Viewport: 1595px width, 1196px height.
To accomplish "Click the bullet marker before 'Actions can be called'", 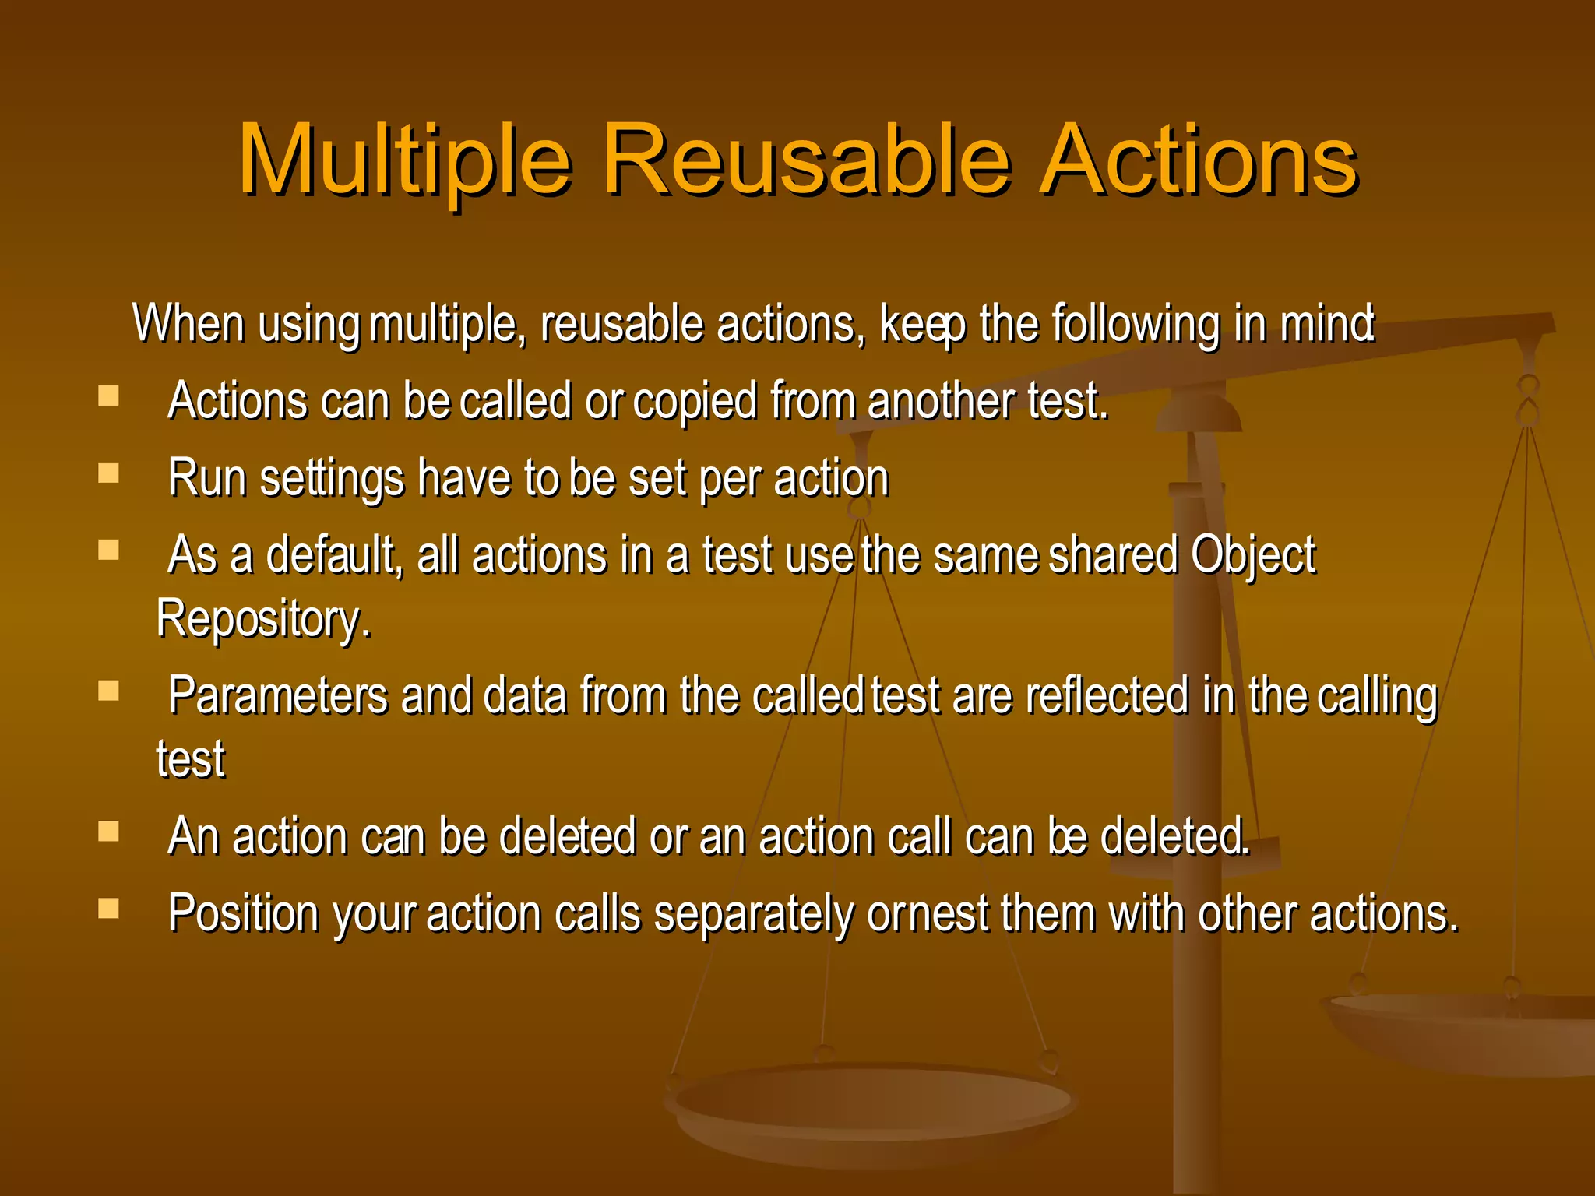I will pos(109,396).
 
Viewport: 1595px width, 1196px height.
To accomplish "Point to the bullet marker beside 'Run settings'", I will pos(109,473).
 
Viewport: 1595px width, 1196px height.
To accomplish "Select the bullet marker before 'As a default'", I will pos(109,551).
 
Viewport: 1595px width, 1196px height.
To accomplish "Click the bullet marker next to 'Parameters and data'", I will pos(109,691).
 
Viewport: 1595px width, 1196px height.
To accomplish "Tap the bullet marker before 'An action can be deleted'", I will pos(109,832).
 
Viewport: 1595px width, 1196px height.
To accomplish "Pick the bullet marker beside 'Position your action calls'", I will pos(109,909).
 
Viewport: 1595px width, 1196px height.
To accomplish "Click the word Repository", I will pos(263,621).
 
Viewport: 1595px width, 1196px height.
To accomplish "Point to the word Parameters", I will pos(277,696).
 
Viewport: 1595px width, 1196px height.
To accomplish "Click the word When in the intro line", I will pos(189,323).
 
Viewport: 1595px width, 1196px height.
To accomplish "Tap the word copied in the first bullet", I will pos(695,403).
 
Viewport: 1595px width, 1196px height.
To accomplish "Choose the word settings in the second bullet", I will pos(332,479).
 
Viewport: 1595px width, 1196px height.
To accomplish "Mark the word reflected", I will pos(1107,696).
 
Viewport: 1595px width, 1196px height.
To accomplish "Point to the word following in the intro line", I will pos(1136,325).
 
